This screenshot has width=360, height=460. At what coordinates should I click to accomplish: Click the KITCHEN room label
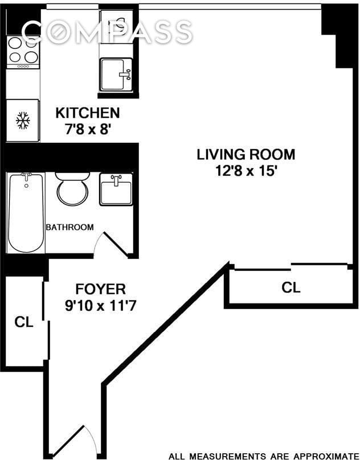click(87, 113)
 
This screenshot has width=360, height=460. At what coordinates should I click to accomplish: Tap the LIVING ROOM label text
click(246, 154)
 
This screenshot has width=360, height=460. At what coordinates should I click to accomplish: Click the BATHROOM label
click(69, 227)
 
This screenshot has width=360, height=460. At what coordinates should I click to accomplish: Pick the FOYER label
click(100, 289)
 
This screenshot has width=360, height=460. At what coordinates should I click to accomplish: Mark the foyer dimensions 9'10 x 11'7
click(100, 306)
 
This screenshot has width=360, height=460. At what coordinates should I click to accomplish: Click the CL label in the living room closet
click(291, 288)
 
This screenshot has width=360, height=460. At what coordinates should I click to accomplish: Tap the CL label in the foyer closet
click(23, 322)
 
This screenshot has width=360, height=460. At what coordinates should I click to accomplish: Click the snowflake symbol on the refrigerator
click(23, 120)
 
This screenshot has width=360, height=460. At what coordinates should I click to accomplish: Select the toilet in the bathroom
click(72, 189)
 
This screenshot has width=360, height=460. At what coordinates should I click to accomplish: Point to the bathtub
click(26, 212)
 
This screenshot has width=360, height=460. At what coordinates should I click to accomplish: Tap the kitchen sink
click(116, 74)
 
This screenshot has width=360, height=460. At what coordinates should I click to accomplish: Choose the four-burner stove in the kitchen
click(23, 50)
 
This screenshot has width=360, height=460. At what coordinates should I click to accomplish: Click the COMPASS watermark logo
click(108, 32)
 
